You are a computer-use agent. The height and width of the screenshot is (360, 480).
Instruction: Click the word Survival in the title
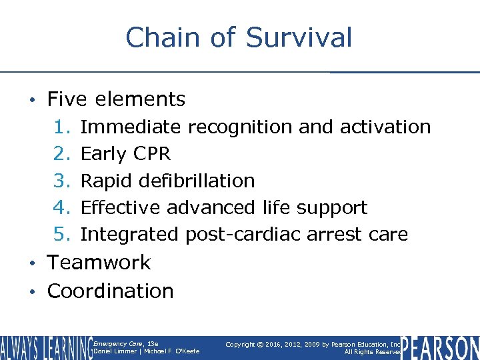click(x=299, y=37)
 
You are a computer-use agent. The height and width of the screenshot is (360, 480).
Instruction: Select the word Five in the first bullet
click(x=68, y=99)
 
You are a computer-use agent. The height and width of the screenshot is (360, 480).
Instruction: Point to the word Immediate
click(x=130, y=127)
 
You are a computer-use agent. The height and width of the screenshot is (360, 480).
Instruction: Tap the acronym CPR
click(x=151, y=154)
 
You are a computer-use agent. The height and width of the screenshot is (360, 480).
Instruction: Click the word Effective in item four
click(x=121, y=207)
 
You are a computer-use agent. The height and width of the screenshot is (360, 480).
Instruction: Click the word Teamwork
click(x=99, y=263)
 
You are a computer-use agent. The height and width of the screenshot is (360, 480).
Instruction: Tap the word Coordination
click(x=110, y=291)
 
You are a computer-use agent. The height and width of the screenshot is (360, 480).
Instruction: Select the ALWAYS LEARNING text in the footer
click(x=45, y=347)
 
